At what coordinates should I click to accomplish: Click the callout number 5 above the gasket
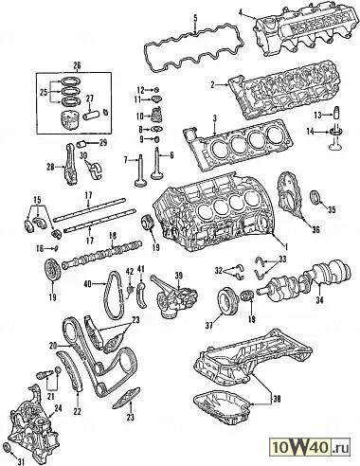(195, 17)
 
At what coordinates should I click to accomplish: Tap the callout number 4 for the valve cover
(241, 12)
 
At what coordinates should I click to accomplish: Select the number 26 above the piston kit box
(77, 65)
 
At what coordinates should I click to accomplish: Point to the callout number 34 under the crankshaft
(319, 300)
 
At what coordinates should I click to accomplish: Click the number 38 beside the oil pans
(277, 399)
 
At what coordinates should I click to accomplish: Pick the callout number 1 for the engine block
(285, 246)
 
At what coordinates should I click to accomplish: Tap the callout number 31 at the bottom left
(21, 461)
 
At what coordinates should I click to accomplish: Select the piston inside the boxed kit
(69, 121)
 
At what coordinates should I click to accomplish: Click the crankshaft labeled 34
(305, 278)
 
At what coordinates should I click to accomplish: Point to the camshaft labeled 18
(101, 253)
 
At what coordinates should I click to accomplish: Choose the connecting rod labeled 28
(70, 165)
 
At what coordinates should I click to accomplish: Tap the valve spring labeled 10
(155, 116)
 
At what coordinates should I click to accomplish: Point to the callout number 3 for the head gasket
(214, 118)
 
